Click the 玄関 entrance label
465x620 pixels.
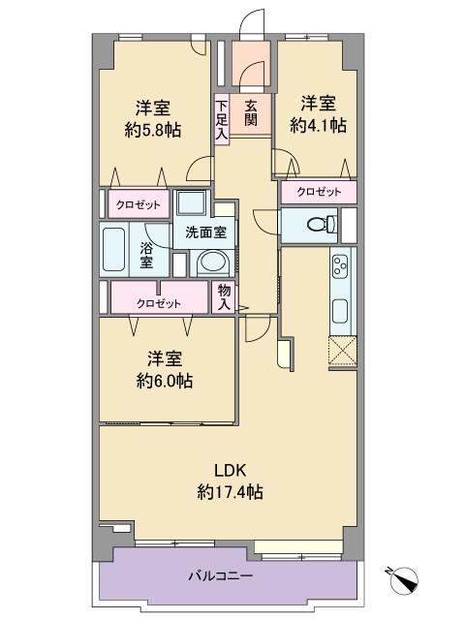point(251,113)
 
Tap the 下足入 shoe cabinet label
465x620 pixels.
point(222,120)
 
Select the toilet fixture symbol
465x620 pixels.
point(322,225)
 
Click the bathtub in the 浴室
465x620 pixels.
point(114,249)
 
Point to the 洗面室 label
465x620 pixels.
point(206,232)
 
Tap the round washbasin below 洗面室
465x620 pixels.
point(213,263)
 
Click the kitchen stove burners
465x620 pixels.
point(340,264)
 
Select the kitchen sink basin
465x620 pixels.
point(340,311)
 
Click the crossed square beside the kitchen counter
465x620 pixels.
point(343,352)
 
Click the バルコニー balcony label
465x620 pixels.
point(220,575)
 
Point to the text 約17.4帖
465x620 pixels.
point(230,492)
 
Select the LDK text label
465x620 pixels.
point(231,471)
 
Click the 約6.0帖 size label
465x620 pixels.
point(165,381)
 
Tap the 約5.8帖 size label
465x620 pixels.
point(153,130)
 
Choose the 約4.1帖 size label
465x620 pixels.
point(319,125)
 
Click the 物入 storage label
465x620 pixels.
point(224,297)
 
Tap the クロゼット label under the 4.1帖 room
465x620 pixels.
point(319,192)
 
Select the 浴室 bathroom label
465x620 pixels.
point(146,255)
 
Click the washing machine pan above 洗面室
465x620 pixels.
point(192,203)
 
